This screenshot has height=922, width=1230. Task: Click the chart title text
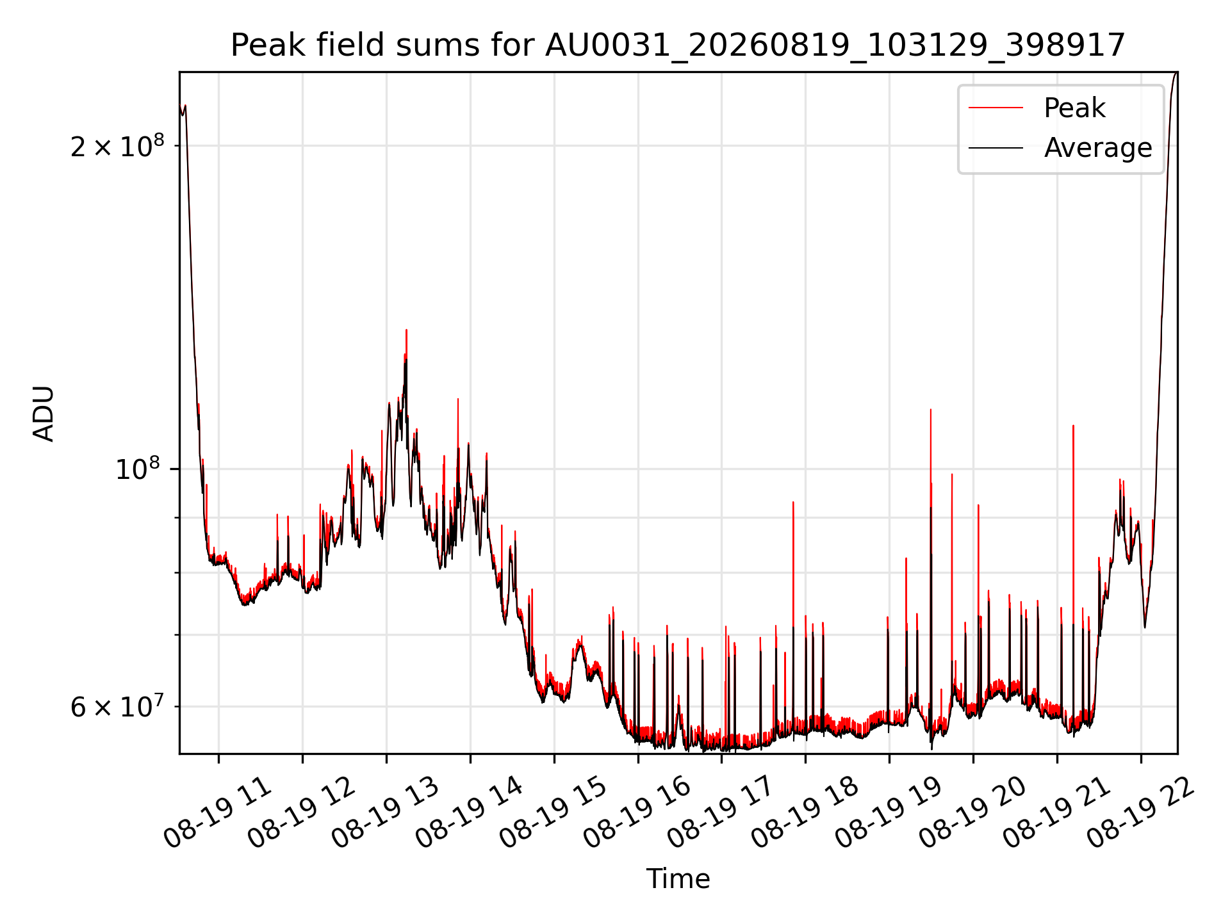point(678,45)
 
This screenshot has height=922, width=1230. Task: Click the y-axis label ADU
point(44,413)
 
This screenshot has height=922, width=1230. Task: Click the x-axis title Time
point(678,878)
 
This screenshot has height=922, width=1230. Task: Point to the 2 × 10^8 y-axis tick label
point(117,146)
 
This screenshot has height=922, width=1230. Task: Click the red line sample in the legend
point(996,108)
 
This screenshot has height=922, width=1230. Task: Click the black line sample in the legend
point(996,148)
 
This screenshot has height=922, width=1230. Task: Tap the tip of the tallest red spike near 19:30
point(931,409)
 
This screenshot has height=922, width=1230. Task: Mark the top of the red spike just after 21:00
point(1073,425)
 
